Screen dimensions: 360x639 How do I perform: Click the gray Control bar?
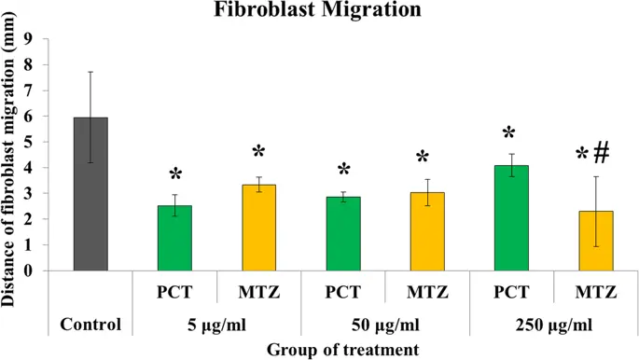(90, 195)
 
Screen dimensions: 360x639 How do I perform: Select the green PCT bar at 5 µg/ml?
(174, 239)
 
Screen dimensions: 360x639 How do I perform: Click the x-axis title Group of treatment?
(340, 349)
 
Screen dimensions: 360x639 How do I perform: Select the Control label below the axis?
(90, 325)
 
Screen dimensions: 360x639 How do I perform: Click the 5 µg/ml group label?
(216, 325)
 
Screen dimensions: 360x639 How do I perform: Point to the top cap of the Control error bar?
(90, 72)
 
